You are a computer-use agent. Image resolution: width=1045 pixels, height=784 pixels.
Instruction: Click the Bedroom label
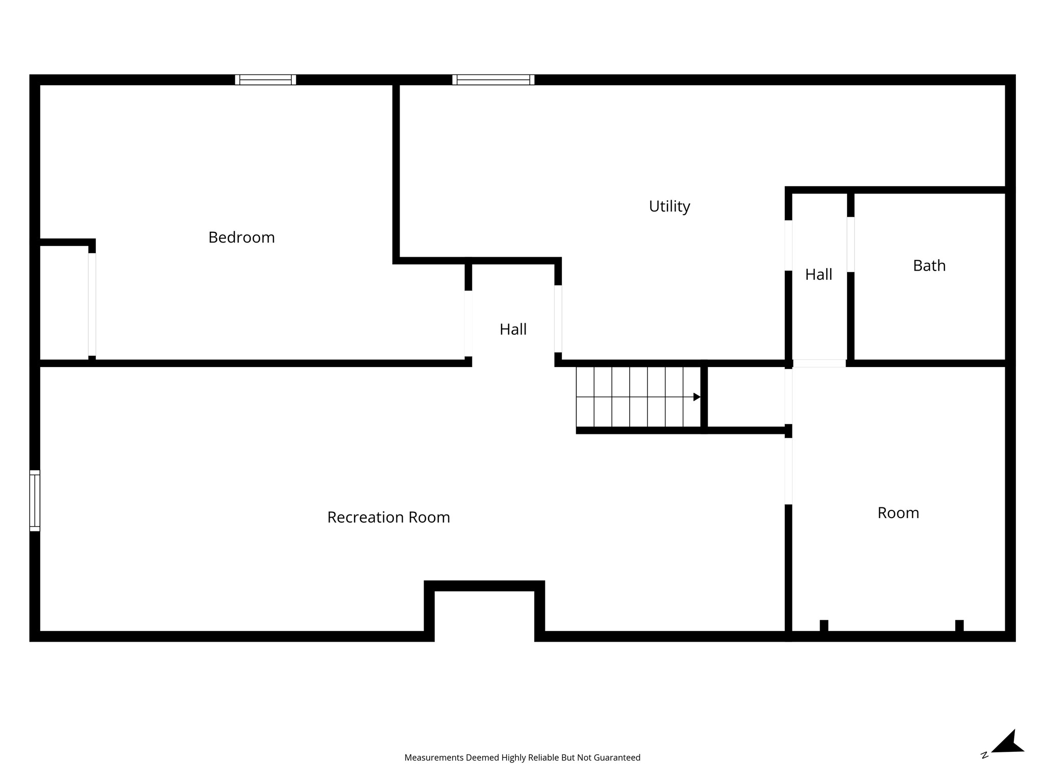click(x=241, y=238)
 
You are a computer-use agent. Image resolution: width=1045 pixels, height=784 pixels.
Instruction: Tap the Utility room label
click(x=669, y=207)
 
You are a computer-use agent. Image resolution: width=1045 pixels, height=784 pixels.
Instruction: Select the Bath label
click(x=929, y=265)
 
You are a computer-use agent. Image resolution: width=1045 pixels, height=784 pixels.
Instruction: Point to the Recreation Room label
click(x=388, y=518)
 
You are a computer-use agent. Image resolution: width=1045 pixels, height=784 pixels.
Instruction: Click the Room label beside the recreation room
click(x=898, y=513)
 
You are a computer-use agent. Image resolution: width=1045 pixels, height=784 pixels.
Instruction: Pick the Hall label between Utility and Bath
click(x=818, y=275)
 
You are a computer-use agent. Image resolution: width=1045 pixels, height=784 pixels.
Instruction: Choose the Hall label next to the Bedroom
click(x=513, y=329)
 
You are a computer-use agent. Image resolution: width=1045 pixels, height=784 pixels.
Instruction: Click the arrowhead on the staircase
click(x=696, y=397)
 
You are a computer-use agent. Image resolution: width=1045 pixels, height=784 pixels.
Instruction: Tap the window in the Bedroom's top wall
click(x=265, y=80)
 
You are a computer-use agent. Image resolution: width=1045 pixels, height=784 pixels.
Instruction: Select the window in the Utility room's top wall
click(x=493, y=80)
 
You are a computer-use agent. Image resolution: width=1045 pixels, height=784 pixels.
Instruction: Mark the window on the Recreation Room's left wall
click(x=35, y=501)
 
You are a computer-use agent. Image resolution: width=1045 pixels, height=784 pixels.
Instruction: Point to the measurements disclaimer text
click(x=522, y=757)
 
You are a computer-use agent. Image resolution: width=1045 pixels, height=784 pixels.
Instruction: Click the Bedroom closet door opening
click(x=92, y=304)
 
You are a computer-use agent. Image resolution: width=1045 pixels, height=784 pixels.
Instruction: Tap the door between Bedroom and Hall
click(x=468, y=324)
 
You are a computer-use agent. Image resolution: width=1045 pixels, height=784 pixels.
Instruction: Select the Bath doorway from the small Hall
click(x=851, y=244)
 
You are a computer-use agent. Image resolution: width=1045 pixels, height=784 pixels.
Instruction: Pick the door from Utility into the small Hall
click(x=788, y=245)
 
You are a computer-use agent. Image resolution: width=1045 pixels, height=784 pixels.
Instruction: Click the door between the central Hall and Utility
click(x=558, y=318)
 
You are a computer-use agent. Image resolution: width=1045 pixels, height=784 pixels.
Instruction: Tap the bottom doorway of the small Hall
click(x=819, y=363)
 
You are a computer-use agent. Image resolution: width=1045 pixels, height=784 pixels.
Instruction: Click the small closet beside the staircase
click(x=745, y=397)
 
